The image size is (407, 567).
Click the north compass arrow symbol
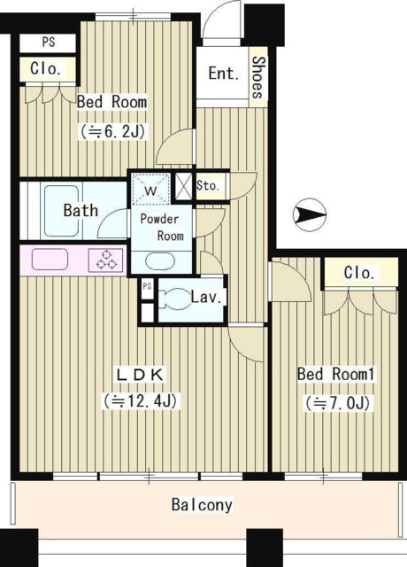tap(310, 214)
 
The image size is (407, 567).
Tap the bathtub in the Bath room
tap(61, 211)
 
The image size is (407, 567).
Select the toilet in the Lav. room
tap(173, 299)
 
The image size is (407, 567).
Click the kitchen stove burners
tap(106, 260)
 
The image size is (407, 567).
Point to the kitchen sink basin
tap(50, 260)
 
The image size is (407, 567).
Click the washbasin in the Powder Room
tap(160, 261)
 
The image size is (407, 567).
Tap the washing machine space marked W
tap(150, 190)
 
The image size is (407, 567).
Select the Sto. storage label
tap(208, 186)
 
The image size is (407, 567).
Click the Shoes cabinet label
tap(258, 77)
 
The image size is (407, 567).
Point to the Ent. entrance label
tap(224, 74)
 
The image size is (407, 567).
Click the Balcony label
tap(202, 505)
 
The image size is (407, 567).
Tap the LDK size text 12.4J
tap(141, 400)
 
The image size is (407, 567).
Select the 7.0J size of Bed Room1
tap(337, 403)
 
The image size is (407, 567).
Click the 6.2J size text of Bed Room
tap(113, 132)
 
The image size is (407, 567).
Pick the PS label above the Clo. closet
tap(49, 42)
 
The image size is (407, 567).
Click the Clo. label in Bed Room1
tap(358, 273)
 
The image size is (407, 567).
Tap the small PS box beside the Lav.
tap(147, 288)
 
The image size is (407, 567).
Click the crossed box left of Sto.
tap(183, 185)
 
